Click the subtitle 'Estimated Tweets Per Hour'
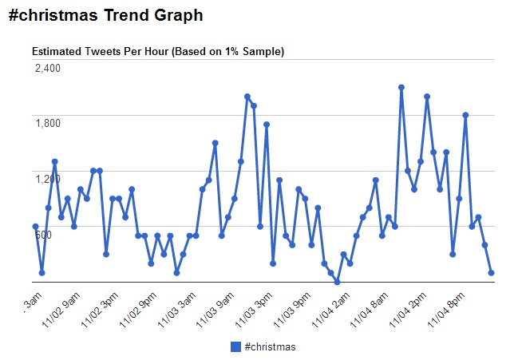tap(158, 51)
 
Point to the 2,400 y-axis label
tap(47, 68)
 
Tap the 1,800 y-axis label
tap(47, 123)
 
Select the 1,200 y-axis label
tap(47, 178)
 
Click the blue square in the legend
tap(235, 346)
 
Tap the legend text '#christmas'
tap(270, 346)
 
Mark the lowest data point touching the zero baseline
tap(337, 282)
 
